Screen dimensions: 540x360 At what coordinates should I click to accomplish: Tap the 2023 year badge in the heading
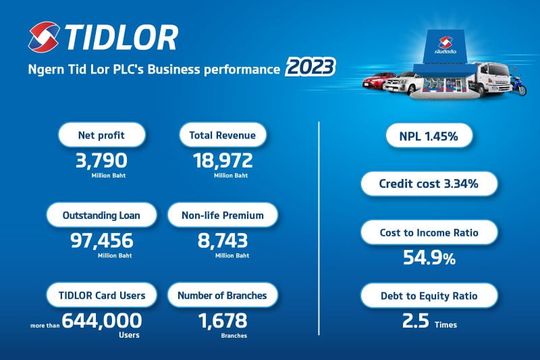[x=310, y=67]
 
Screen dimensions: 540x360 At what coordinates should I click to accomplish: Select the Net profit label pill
[x=102, y=135]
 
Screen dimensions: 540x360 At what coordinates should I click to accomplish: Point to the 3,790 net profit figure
[x=101, y=161]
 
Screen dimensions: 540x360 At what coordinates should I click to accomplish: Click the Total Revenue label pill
[x=223, y=135]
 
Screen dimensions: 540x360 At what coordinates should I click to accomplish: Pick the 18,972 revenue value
[x=223, y=161]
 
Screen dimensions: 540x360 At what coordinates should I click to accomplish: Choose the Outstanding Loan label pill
[x=101, y=215]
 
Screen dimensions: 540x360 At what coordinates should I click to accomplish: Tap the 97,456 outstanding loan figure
[x=102, y=240]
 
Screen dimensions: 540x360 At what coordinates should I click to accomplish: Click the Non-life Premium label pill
[x=223, y=215]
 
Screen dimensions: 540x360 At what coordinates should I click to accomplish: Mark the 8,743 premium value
[x=223, y=240]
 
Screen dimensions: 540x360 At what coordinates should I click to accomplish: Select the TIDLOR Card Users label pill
[x=102, y=295]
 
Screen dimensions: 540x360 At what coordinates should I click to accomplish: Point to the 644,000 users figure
[x=102, y=321]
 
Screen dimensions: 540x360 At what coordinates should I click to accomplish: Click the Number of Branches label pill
[x=223, y=295]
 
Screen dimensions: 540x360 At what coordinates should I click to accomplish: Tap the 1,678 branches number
[x=223, y=321]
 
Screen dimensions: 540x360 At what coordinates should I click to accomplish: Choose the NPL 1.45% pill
[x=429, y=136]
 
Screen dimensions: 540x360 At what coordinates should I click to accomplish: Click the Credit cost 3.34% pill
[x=429, y=184]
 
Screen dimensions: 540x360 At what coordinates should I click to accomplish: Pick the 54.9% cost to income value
[x=429, y=257]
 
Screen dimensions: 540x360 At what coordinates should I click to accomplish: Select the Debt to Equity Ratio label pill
[x=429, y=296]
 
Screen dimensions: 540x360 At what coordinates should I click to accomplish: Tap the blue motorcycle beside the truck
[x=518, y=85]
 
